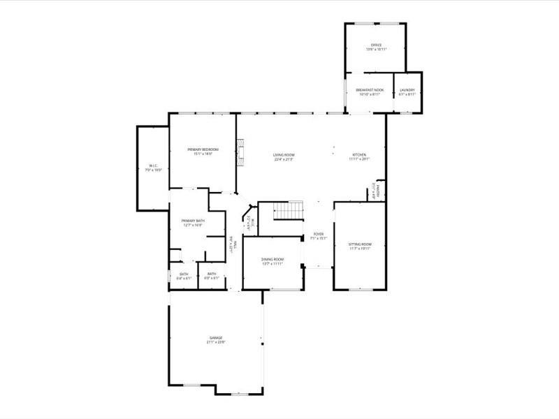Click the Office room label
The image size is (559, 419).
376,45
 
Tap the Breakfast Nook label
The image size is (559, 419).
369,90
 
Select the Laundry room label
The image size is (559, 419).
407,90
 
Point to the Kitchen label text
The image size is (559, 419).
359,154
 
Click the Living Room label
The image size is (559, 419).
283,154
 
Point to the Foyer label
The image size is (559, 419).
318,234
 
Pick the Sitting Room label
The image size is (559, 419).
360,244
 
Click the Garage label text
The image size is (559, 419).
215,337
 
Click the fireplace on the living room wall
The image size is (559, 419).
242,152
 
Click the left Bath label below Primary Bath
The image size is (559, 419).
184,274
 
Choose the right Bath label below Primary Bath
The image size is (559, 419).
211,274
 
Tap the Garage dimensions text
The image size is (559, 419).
215,342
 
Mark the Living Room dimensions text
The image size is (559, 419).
283,159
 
